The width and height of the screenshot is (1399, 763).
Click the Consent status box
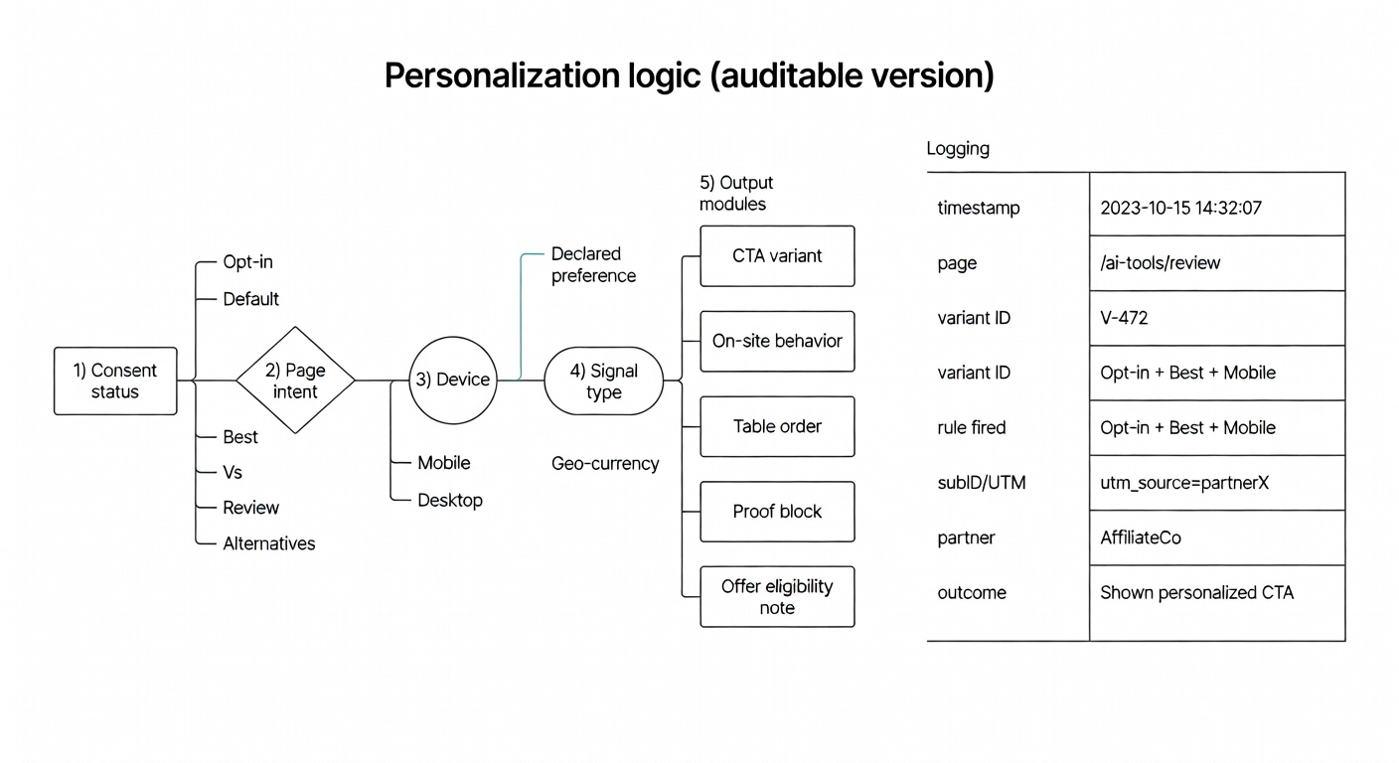pos(114,381)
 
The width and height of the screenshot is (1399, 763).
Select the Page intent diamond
pos(295,381)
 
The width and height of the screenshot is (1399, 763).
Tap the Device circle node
pos(452,380)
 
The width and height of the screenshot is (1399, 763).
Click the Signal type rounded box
pos(603,381)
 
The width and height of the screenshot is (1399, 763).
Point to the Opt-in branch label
pos(247,262)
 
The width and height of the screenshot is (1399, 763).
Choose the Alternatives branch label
pos(268,543)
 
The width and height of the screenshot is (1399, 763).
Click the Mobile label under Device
pos(443,463)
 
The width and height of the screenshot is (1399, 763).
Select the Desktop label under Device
pos(449,500)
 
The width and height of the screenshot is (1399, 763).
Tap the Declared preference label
pos(593,264)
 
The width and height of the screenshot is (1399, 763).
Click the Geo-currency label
pos(605,463)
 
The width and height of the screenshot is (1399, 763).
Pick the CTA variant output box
pos(777,255)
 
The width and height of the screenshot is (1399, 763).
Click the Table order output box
pos(777,426)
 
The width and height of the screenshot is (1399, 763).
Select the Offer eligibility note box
pos(777,597)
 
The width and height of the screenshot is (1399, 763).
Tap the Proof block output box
pos(777,512)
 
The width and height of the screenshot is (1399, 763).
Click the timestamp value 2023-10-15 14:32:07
pos(1180,208)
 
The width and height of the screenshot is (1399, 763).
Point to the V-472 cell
pos(1124,318)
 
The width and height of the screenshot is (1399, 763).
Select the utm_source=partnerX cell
pos(1183,483)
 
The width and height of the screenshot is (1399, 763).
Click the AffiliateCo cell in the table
pos(1140,537)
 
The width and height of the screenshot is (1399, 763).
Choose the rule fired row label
pos(971,427)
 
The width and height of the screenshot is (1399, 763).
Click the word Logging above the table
pos(958,149)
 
